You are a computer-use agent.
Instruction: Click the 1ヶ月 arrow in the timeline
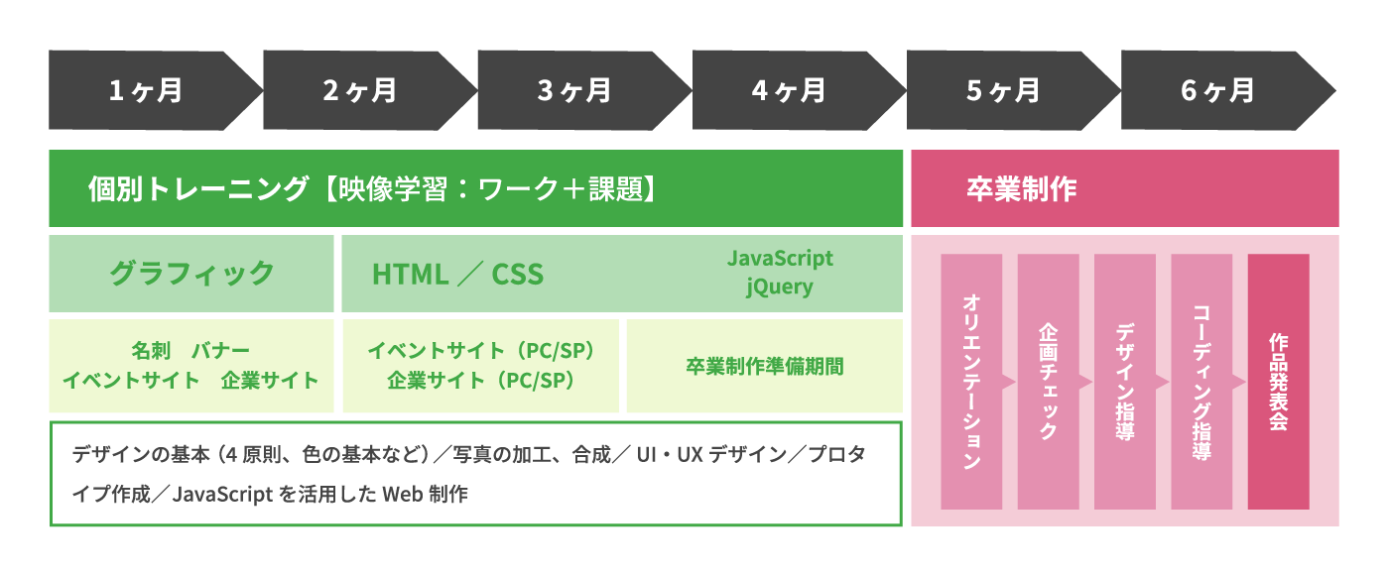[x=149, y=90]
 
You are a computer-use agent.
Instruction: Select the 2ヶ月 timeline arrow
[x=363, y=90]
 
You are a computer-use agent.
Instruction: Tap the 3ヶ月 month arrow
[x=577, y=90]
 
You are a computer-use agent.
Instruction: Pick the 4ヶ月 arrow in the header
[x=793, y=90]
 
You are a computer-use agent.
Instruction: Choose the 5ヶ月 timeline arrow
[x=1007, y=90]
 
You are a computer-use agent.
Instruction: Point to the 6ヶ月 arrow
[x=1221, y=90]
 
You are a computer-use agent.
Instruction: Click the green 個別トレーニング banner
[x=475, y=188]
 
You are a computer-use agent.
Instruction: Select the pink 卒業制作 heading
[x=1125, y=188]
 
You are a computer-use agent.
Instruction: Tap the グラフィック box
[x=190, y=274]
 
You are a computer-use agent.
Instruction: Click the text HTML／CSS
[x=457, y=274]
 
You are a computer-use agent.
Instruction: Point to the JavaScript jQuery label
[x=780, y=273]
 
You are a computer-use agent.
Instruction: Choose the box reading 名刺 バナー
[x=190, y=366]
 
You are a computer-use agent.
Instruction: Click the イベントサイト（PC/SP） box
[x=480, y=366]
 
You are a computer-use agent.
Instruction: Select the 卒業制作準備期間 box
[x=765, y=366]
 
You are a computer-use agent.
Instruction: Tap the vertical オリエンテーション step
[x=971, y=382]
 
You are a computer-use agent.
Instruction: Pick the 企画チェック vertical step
[x=1048, y=382]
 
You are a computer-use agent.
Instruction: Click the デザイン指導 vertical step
[x=1125, y=382]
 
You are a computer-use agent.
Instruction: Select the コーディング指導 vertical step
[x=1201, y=382]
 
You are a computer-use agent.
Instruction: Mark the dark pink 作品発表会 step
[x=1279, y=382]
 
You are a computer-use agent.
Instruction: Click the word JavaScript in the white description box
[x=222, y=495]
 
